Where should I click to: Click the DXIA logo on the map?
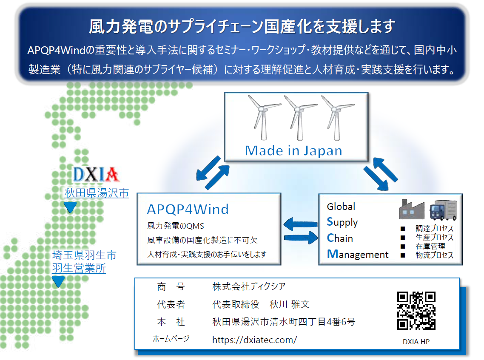pyautogui.click(x=96, y=175)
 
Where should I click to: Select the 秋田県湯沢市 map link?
pyautogui.click(x=97, y=193)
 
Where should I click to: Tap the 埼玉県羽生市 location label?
pyautogui.click(x=84, y=255)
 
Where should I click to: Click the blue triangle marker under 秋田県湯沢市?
pyautogui.click(x=70, y=207)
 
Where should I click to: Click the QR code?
pyautogui.click(x=416, y=311)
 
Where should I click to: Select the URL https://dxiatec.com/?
pyautogui.click(x=254, y=340)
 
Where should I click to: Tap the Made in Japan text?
pyautogui.click(x=293, y=150)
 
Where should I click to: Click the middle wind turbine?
pyautogui.click(x=299, y=118)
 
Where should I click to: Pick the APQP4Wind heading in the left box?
pyautogui.click(x=188, y=209)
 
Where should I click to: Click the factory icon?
pyautogui.click(x=411, y=209)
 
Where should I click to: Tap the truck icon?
pyautogui.click(x=443, y=210)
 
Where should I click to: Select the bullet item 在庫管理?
pyautogui.click(x=430, y=246)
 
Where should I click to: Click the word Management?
pyautogui.click(x=357, y=254)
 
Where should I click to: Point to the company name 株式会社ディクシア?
pyautogui.click(x=249, y=286)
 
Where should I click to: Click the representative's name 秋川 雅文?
pyautogui.click(x=289, y=304)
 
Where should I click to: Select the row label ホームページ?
pyautogui.click(x=171, y=339)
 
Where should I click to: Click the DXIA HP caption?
pyautogui.click(x=416, y=342)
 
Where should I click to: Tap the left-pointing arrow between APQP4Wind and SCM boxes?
pyautogui.click(x=300, y=224)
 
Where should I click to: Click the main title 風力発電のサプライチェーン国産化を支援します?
pyautogui.click(x=242, y=26)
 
